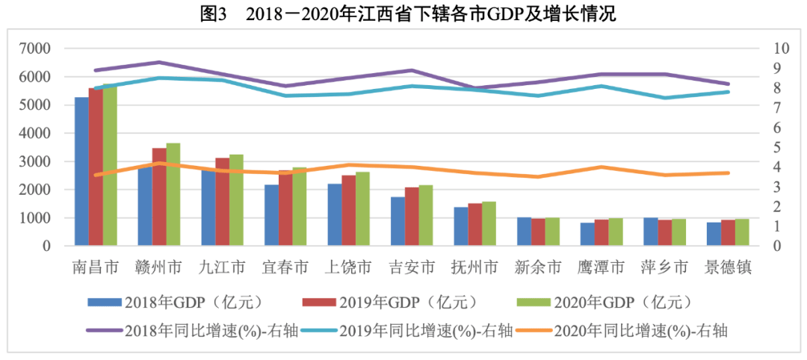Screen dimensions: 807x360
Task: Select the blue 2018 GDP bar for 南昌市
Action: tap(82, 171)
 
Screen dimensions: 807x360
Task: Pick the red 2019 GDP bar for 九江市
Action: tap(223, 202)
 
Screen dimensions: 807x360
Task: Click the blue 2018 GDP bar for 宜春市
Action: tap(272, 215)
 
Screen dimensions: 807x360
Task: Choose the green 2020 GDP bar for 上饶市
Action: tap(363, 209)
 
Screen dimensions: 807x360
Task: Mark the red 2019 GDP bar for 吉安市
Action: tap(412, 217)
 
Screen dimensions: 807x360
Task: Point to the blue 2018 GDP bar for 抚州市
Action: tap(461, 226)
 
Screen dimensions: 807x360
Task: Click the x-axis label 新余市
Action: tap(538, 267)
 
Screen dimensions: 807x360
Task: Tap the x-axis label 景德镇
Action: tap(728, 267)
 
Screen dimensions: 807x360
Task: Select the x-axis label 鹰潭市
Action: tap(601, 267)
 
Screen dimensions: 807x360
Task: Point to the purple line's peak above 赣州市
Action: tap(160, 62)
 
